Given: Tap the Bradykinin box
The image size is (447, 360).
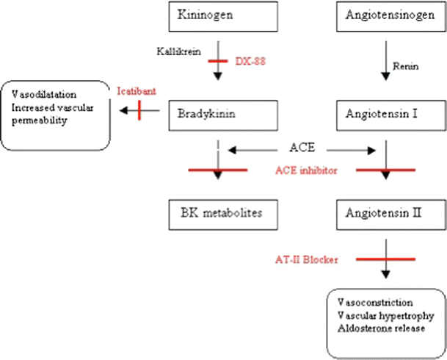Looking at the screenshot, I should point(218,114).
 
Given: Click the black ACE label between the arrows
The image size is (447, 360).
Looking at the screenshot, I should point(302,147).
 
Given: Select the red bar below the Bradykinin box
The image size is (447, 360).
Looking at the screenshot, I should point(218,170).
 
